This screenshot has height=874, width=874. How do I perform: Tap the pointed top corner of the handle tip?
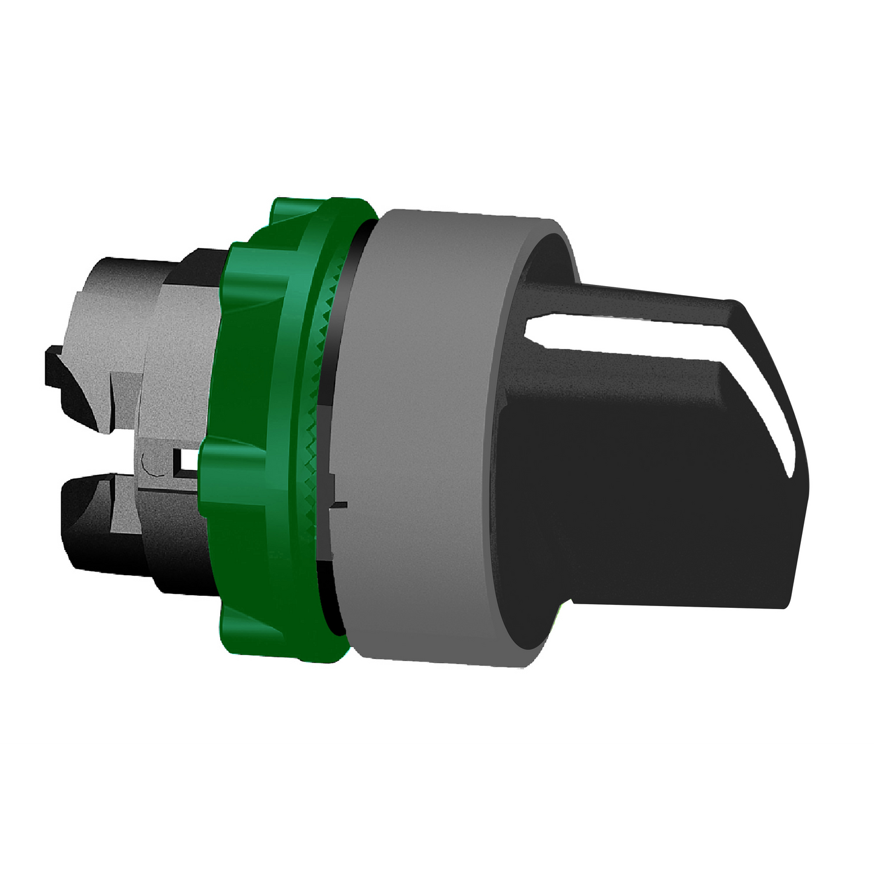735,302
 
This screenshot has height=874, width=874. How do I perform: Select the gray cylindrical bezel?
423,435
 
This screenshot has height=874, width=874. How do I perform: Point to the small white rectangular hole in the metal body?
188,463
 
